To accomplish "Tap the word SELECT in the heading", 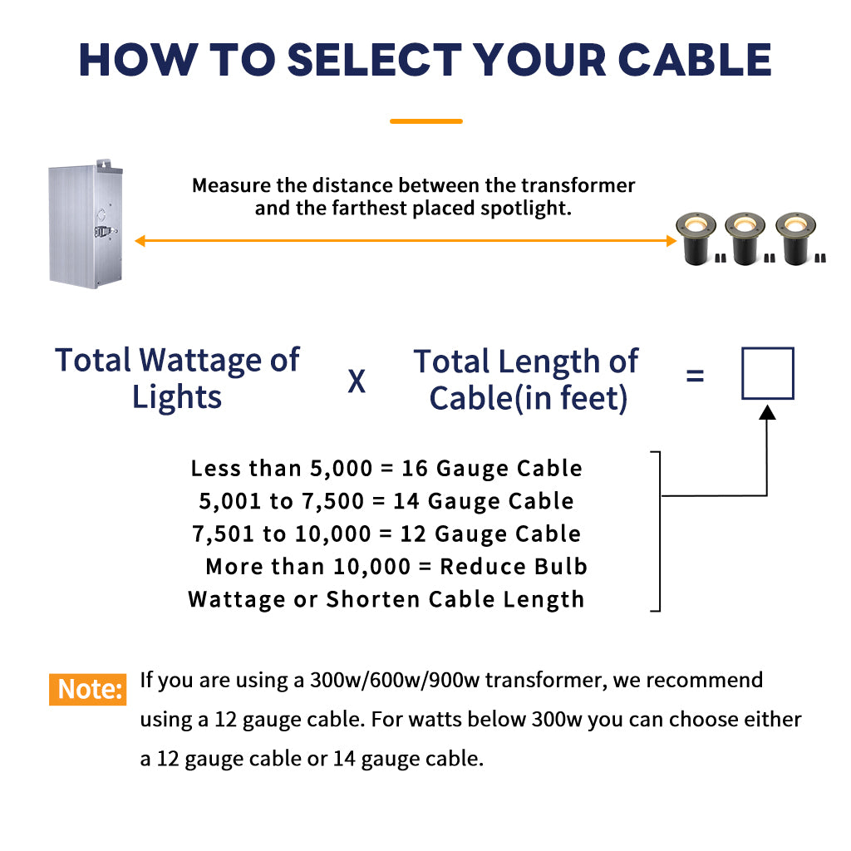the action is click(374, 60).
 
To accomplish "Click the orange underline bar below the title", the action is click(426, 121).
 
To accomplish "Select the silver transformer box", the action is click(86, 224).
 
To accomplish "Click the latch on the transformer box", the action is click(104, 233).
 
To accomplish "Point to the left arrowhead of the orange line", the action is click(140, 240).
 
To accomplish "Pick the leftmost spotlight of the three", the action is click(696, 239).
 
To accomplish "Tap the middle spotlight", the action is click(745, 239).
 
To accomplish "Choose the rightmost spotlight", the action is click(795, 239).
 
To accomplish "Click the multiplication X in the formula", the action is click(357, 381).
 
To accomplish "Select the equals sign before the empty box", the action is click(696, 375).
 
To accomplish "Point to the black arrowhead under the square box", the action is click(767, 412).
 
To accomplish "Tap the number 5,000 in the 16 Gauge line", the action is click(341, 469).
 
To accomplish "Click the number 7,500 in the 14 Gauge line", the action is click(332, 501).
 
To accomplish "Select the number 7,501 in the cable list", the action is click(223, 534).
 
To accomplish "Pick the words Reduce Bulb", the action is click(514, 567).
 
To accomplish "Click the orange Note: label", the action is click(88, 689).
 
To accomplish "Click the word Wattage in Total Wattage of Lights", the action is click(200, 361).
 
